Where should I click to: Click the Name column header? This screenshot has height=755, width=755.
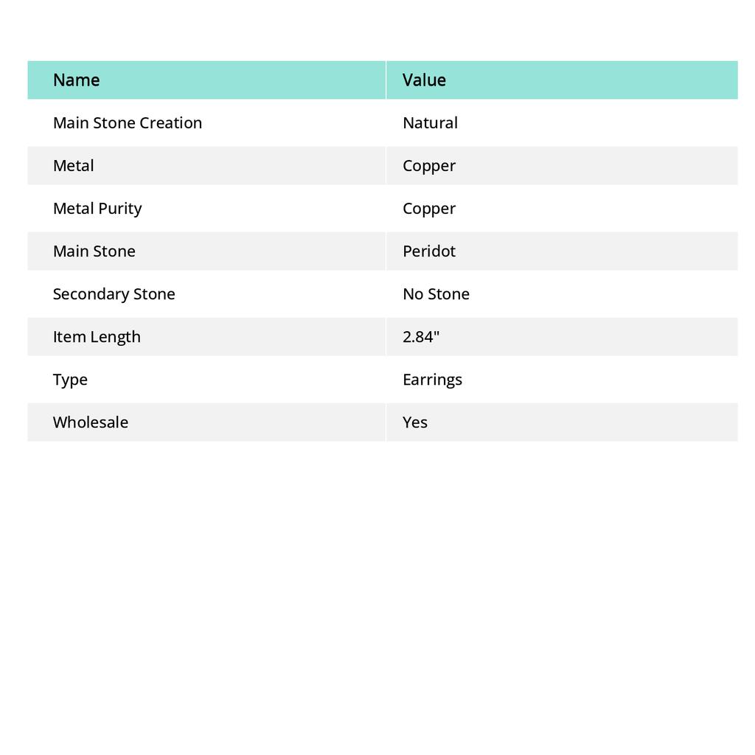76,80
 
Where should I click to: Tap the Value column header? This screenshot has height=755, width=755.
424,80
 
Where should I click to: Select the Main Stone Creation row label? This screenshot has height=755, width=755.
127,123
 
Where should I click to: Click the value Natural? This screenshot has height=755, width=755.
430,123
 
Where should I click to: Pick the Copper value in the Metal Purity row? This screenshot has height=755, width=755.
429,209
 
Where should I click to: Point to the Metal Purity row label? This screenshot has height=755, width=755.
97,209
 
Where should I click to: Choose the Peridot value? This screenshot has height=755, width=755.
429,251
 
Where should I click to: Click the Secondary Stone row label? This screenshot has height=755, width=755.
114,294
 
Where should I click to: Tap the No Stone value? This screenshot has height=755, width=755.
436,294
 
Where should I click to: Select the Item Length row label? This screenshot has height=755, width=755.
97,337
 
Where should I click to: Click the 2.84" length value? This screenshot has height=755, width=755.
420,337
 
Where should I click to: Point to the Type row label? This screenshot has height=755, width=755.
70,380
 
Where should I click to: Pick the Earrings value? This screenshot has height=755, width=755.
432,380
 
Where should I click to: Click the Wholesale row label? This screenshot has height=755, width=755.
90,422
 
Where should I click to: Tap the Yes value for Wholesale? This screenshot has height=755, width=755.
415,422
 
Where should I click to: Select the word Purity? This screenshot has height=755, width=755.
119,209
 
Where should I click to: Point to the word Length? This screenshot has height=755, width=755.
116,337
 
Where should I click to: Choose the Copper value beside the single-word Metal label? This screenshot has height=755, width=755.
429,166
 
